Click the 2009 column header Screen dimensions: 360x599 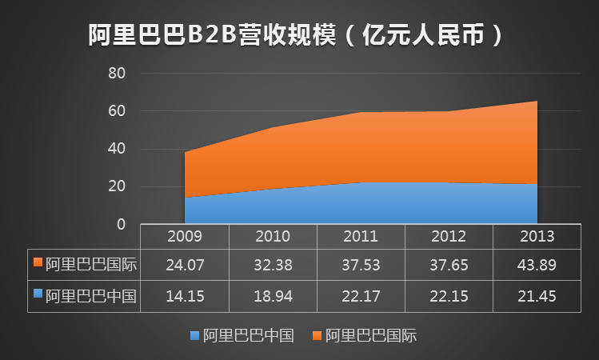pyautogui.click(x=184, y=237)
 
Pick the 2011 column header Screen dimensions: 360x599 pyautogui.click(x=361, y=237)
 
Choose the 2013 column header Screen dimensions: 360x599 pyautogui.click(x=537, y=237)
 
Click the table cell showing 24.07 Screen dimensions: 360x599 pyautogui.click(x=184, y=263)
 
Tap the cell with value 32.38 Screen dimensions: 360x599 pyautogui.click(x=273, y=263)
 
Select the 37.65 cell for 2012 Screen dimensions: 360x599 pyautogui.click(x=449, y=263)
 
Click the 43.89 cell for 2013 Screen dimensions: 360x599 pyautogui.click(x=537, y=263)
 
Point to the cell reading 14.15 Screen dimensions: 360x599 pyautogui.click(x=184, y=296)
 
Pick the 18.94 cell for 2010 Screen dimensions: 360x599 pyautogui.click(x=273, y=296)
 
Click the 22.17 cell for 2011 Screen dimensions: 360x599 pyautogui.click(x=361, y=296)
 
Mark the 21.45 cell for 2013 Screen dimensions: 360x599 pyautogui.click(x=537, y=296)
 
